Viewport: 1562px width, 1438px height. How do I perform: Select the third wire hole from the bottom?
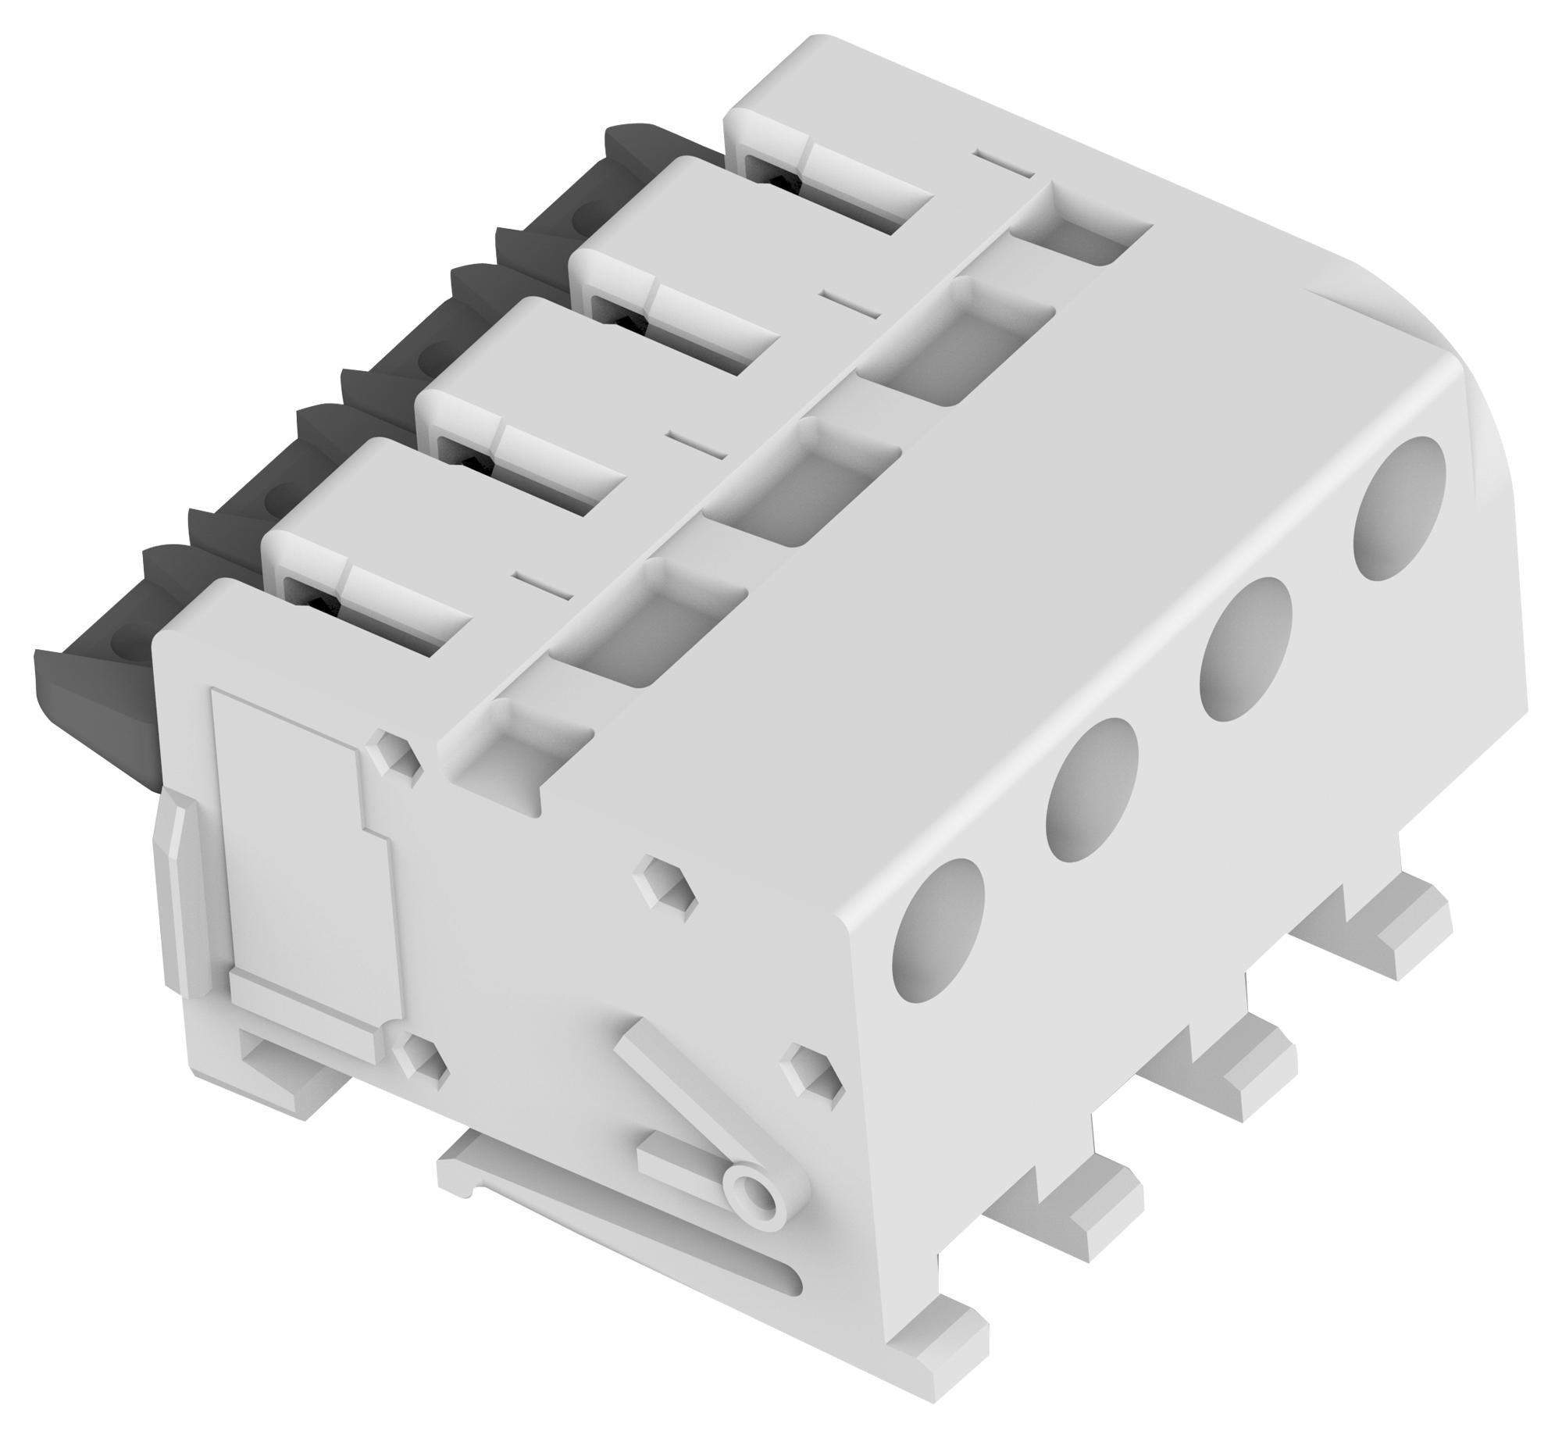coord(1248,648)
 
